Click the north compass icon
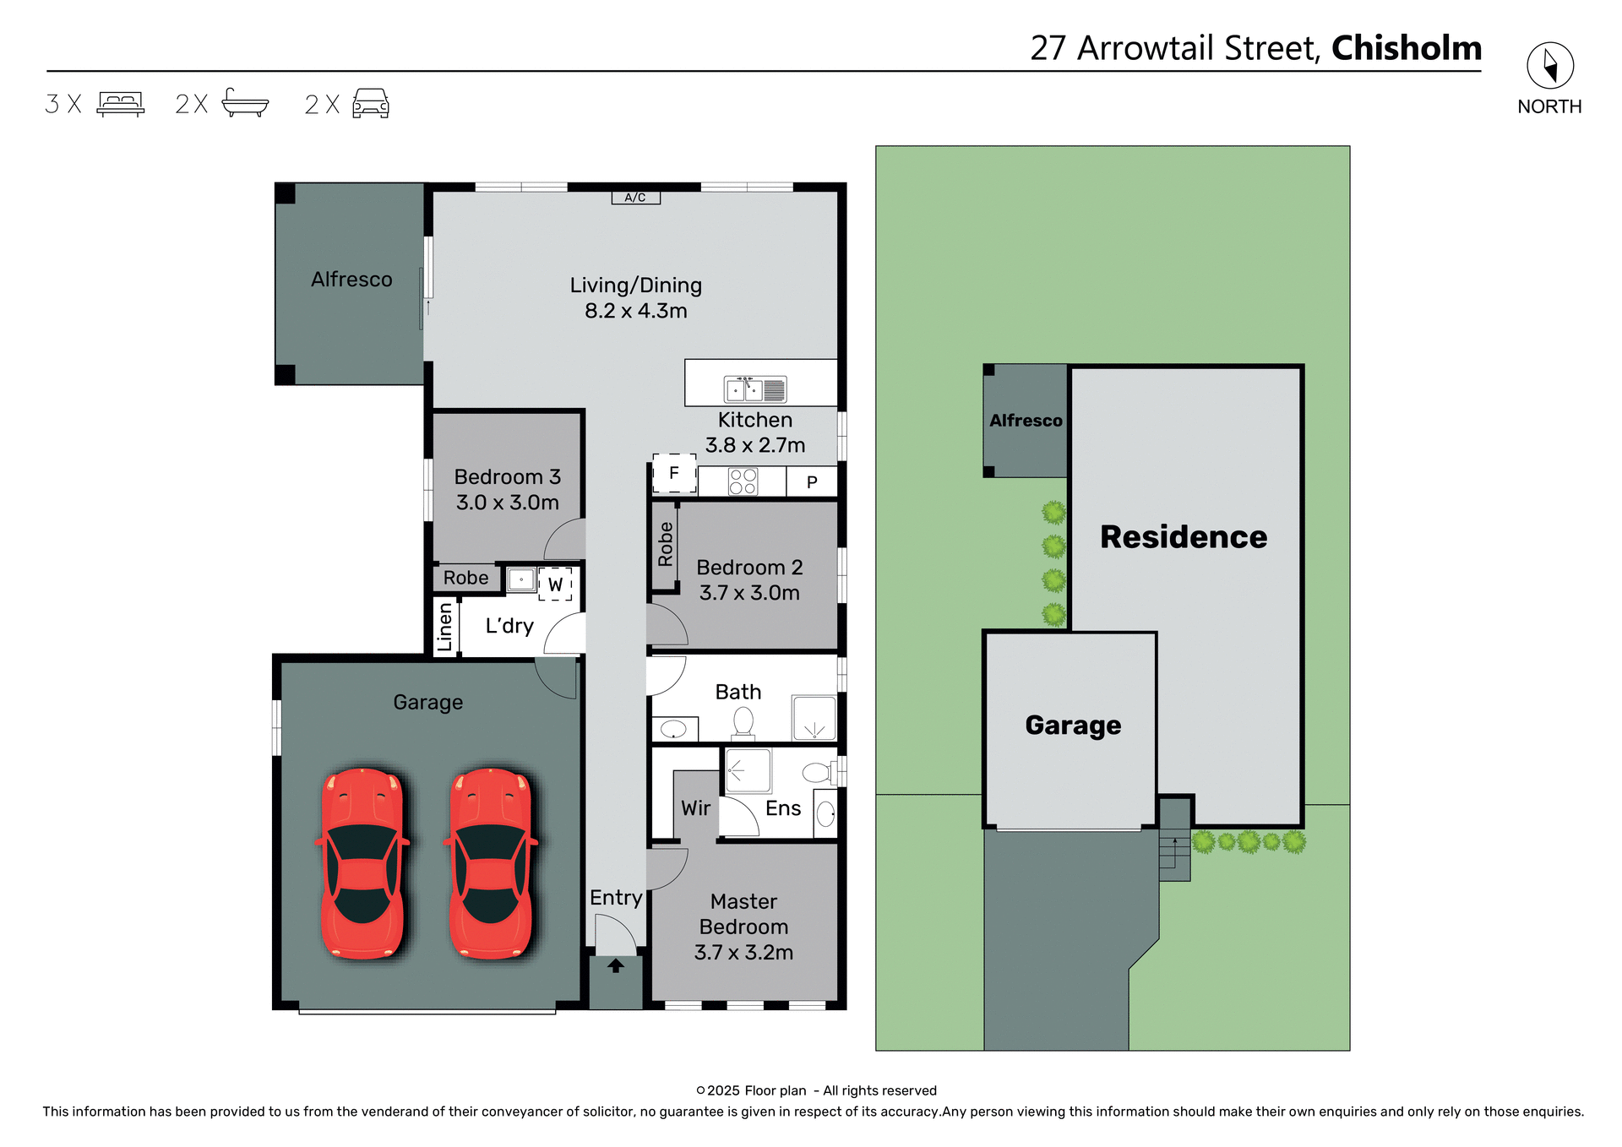1549,65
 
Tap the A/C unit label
635,198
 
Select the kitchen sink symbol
755,389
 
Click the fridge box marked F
674,473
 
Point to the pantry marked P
812,482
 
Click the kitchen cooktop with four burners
743,481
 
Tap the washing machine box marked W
555,584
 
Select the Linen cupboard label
445,627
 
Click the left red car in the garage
362,863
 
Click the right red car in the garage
491,863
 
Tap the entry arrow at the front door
616,965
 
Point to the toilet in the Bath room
743,722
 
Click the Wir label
695,808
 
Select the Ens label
783,808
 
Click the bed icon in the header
121,104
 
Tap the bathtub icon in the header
245,103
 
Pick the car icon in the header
371,104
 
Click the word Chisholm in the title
1406,48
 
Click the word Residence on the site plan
1183,537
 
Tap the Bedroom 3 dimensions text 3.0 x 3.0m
507,503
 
